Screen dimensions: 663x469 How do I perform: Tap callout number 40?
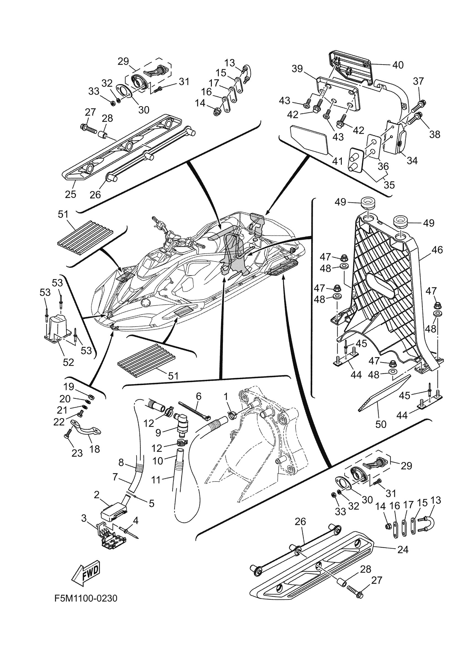point(398,65)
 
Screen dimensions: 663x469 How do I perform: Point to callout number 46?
point(437,250)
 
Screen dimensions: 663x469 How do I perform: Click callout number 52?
point(68,362)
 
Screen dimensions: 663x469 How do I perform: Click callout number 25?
point(70,194)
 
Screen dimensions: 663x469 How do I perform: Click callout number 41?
point(338,161)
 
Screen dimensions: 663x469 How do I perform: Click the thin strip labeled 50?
point(384,393)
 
